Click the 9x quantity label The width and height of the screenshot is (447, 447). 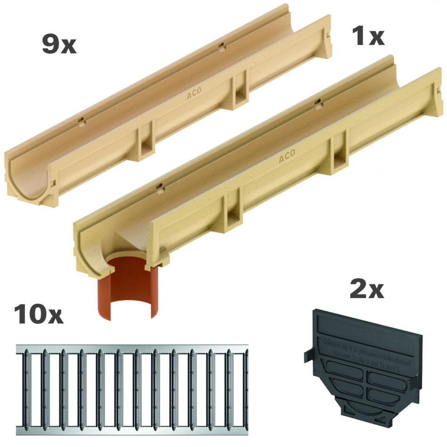pos(58,45)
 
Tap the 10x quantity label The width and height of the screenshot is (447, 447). pos(39,314)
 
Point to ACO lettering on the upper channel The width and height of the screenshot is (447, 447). pos(195,95)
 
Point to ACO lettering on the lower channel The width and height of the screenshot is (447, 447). pos(287,157)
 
